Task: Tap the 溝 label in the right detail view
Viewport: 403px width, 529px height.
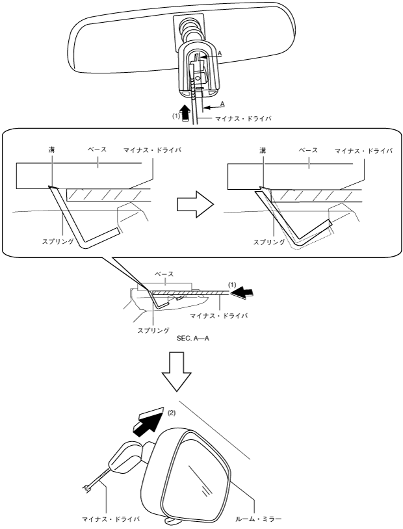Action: coord(262,150)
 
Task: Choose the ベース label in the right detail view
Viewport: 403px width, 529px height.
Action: coord(308,150)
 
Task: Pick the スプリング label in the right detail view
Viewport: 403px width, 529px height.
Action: coord(268,241)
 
